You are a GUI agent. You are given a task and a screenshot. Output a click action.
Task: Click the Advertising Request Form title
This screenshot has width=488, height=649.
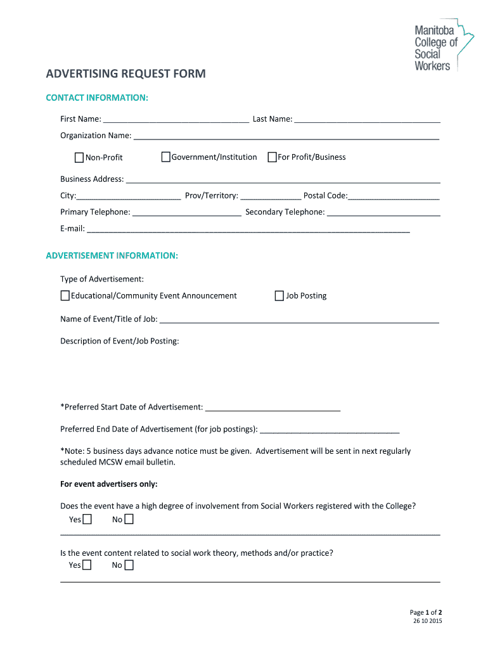click(125, 74)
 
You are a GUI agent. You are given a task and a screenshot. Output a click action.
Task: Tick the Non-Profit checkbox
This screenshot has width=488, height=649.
click(79, 157)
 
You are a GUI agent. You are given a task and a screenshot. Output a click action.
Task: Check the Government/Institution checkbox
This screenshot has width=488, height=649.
click(166, 157)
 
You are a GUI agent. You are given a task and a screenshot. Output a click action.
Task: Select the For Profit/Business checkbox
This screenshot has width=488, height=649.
click(273, 157)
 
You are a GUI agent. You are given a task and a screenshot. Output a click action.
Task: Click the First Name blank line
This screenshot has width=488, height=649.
click(176, 119)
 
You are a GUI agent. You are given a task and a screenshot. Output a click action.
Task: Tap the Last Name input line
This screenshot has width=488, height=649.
click(367, 119)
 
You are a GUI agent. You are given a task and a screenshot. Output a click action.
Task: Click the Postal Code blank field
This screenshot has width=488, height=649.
click(394, 196)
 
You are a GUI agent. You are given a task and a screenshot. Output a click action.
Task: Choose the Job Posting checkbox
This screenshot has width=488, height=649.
click(279, 295)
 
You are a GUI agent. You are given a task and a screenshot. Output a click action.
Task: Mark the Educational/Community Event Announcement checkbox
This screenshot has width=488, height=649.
click(65, 295)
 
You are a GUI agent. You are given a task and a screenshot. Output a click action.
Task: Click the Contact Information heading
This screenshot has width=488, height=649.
click(97, 98)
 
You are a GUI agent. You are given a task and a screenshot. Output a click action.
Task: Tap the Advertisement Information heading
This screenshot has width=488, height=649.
click(112, 255)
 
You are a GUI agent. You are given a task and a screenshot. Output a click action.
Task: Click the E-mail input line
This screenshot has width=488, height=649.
click(248, 229)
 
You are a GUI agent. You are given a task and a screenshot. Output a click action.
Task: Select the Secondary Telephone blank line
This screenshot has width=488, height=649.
click(383, 212)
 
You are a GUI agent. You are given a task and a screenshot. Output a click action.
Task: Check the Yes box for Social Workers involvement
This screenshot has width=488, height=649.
click(87, 520)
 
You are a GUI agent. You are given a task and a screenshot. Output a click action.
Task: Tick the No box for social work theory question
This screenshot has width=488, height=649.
click(129, 565)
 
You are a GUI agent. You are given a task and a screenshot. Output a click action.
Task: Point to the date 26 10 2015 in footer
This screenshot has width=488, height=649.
click(427, 621)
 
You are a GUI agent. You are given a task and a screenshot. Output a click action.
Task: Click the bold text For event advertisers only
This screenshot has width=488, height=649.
click(109, 484)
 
